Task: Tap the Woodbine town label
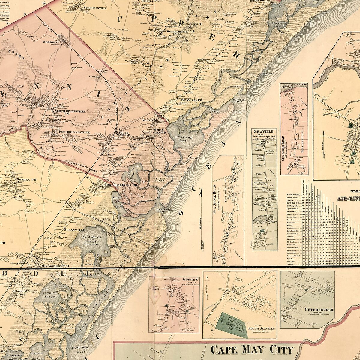tap(51, 42)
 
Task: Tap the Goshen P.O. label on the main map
tap(26, 179)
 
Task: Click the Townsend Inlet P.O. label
tap(120, 185)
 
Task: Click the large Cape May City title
tap(252, 350)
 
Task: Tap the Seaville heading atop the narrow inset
tap(263, 131)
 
